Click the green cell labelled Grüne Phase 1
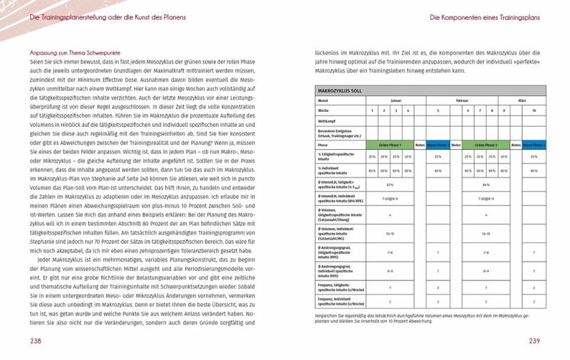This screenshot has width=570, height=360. (x=390, y=144)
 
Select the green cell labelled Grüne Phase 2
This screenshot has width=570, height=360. (x=486, y=144)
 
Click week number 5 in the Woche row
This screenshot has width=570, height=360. (x=438, y=110)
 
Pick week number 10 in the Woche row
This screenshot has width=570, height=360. (x=534, y=110)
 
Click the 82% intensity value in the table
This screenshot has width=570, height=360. (x=390, y=185)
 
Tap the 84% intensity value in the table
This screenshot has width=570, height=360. (x=486, y=185)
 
